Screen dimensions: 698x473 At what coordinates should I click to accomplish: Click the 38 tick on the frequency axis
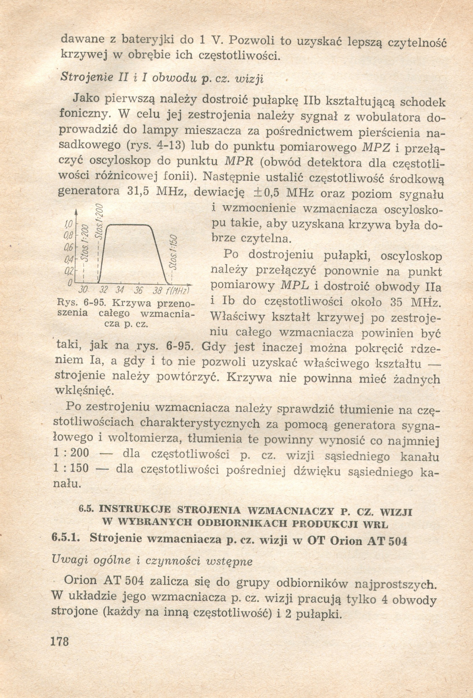[x=157, y=291]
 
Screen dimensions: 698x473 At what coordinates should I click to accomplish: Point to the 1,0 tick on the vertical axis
[x=69, y=224]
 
